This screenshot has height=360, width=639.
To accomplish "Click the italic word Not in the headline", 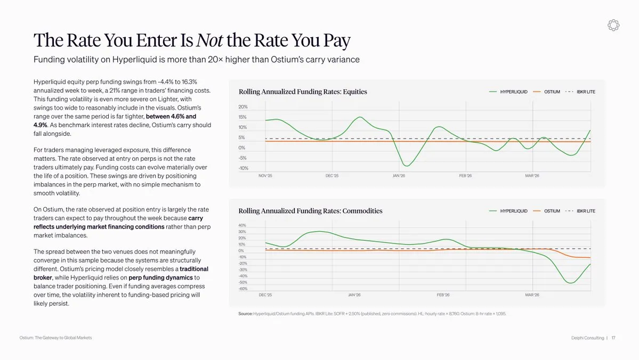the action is click(209, 40).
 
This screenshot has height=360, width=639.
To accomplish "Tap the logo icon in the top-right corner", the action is click(613, 25).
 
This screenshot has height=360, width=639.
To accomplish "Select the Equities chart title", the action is click(303, 92).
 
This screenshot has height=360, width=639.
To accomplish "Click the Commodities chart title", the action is click(311, 211).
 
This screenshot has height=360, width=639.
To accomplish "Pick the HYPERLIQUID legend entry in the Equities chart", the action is click(508, 92).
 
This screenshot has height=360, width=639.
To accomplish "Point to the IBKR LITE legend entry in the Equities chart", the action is click(580, 92).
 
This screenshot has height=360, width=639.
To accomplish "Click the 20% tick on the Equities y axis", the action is click(243, 107).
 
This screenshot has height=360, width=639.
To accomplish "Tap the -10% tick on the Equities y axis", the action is click(244, 168).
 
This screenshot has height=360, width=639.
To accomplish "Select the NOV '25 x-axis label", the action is click(265, 176).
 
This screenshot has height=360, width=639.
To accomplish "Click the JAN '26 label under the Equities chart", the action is click(399, 176).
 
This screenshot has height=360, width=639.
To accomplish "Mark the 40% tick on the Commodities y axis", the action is click(242, 225).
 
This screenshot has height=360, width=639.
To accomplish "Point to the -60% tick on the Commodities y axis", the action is click(243, 289).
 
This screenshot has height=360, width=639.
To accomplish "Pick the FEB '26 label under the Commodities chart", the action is click(443, 295).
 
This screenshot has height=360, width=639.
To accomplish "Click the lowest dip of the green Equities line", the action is click(406, 165).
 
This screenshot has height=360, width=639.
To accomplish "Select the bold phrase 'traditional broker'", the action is click(121, 273).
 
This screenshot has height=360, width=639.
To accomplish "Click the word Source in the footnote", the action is click(245, 314).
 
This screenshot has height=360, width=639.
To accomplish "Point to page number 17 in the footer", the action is click(613, 338).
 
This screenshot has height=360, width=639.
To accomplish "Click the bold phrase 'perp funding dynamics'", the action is click(160, 278).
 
